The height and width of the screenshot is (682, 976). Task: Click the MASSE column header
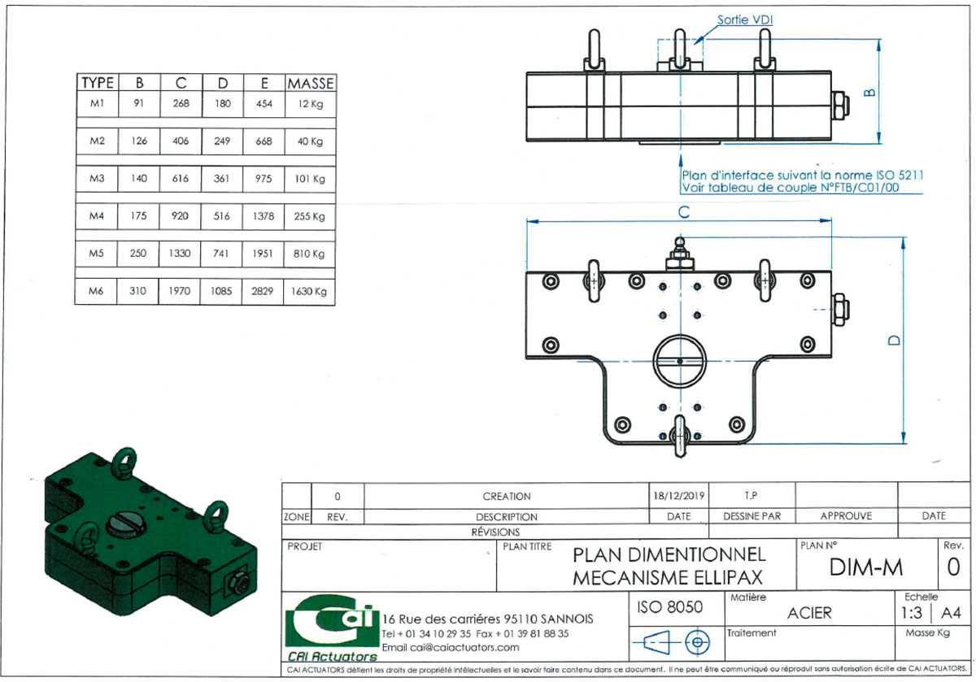311,83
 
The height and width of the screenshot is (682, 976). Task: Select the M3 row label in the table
97,178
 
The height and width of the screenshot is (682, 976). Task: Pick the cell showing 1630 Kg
309,291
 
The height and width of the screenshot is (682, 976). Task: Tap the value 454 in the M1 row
264,104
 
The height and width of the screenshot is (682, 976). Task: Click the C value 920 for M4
180,215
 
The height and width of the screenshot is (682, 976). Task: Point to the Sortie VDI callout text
745,20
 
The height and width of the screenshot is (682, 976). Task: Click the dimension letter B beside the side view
869,93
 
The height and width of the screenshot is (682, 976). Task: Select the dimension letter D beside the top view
894,340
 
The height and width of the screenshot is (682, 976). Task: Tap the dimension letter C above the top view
684,212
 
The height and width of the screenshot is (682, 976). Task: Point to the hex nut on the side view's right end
839,105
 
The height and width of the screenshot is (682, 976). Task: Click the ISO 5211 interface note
802,181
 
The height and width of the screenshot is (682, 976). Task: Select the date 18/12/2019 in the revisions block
678,496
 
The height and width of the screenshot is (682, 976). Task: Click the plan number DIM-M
865,567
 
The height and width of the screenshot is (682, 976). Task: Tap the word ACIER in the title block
809,613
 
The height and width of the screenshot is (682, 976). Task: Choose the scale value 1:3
911,613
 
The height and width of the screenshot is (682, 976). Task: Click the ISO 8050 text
669,606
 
